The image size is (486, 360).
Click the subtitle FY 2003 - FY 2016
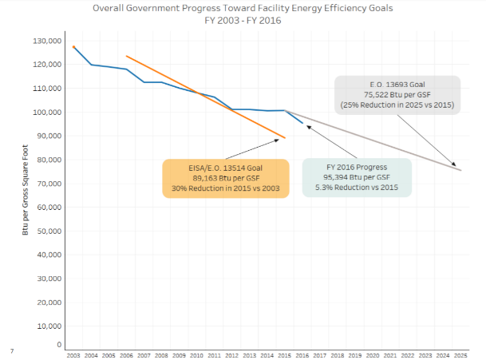click(x=243, y=21)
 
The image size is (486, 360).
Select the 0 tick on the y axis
click(x=59, y=345)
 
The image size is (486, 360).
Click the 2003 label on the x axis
click(x=73, y=354)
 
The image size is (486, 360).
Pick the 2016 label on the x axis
click(x=302, y=354)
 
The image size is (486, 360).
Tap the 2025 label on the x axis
click(x=460, y=354)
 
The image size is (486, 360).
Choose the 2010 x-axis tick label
click(x=196, y=354)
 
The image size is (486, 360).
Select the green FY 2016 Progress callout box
click(x=357, y=177)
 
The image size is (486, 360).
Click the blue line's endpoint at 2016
click(x=302, y=123)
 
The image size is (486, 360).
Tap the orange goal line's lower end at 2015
click(x=285, y=137)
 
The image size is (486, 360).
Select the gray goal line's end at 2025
click(x=460, y=170)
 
